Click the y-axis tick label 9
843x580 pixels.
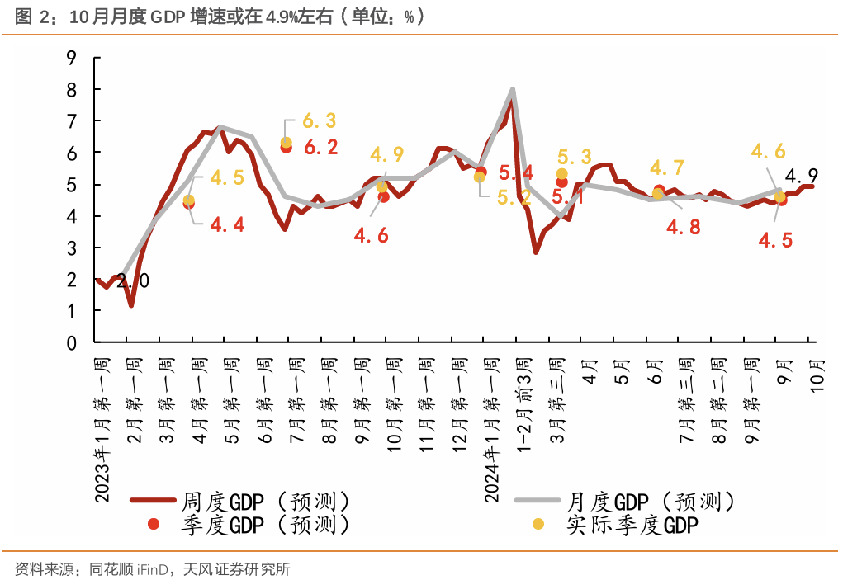pyautogui.click(x=71, y=58)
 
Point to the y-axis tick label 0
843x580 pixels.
pyautogui.click(x=71, y=342)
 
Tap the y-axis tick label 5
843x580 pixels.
pyautogui.click(x=71, y=185)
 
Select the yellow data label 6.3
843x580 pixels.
pyautogui.click(x=319, y=121)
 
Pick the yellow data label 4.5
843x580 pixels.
pyautogui.click(x=226, y=178)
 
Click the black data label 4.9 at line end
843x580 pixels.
pyautogui.click(x=801, y=176)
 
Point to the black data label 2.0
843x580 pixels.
pyautogui.click(x=133, y=281)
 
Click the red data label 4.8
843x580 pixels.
pyautogui.click(x=684, y=227)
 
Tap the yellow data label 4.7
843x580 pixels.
pyautogui.click(x=667, y=168)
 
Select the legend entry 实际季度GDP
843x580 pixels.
pyautogui.click(x=628, y=525)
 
